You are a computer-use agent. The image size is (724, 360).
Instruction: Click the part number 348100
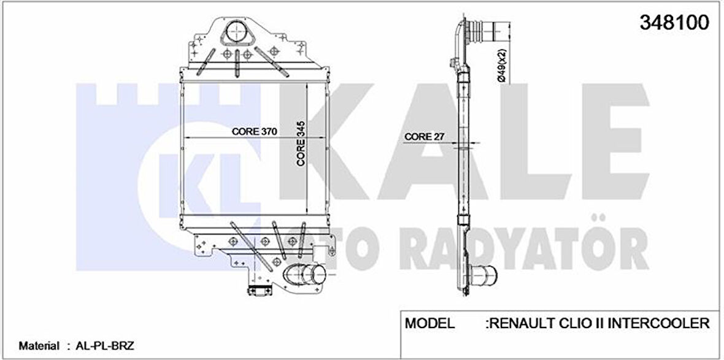pyautogui.click(x=675, y=23)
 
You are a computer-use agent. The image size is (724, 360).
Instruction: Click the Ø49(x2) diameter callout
pyautogui.click(x=501, y=66)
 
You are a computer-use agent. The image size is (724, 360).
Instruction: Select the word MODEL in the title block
pyautogui.click(x=430, y=323)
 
